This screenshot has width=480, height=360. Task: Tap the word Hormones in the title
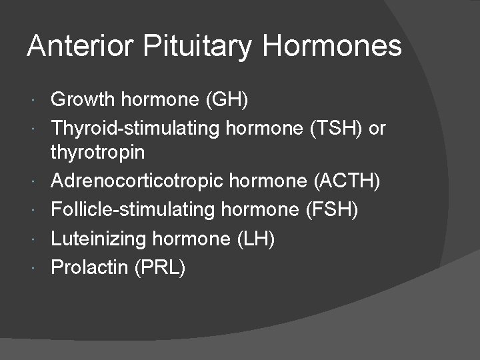pyautogui.click(x=332, y=47)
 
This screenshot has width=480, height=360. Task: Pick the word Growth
pyautogui.click(x=83, y=101)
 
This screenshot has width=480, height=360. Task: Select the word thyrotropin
pyautogui.click(x=97, y=153)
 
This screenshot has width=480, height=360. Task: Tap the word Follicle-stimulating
pyautogui.click(x=133, y=211)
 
